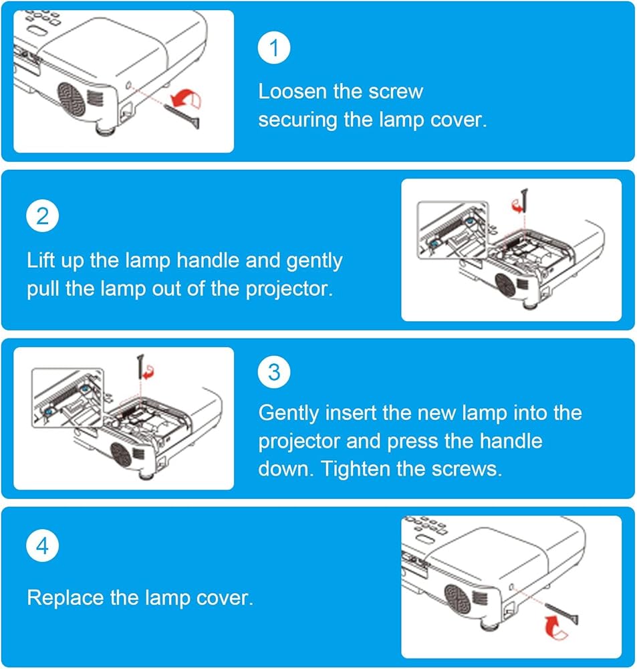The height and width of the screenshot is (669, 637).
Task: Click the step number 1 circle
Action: (274, 47)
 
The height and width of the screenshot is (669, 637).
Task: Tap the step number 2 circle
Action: (42, 216)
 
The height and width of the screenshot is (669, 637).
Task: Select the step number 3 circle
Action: (274, 372)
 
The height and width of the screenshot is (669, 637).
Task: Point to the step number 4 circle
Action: (42, 546)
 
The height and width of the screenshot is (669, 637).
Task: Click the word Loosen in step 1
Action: (293, 91)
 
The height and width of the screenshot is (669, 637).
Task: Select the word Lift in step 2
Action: (42, 260)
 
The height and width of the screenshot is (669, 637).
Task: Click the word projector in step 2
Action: (289, 289)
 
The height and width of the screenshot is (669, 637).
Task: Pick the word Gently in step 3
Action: (289, 413)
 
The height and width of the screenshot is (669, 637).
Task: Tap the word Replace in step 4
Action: (66, 597)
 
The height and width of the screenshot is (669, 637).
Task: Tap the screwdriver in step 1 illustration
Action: (182, 115)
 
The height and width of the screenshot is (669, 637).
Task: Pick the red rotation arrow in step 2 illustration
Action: (517, 205)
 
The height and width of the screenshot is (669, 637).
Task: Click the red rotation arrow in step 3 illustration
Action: (148, 372)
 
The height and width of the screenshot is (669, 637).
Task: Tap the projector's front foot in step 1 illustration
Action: (104, 128)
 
